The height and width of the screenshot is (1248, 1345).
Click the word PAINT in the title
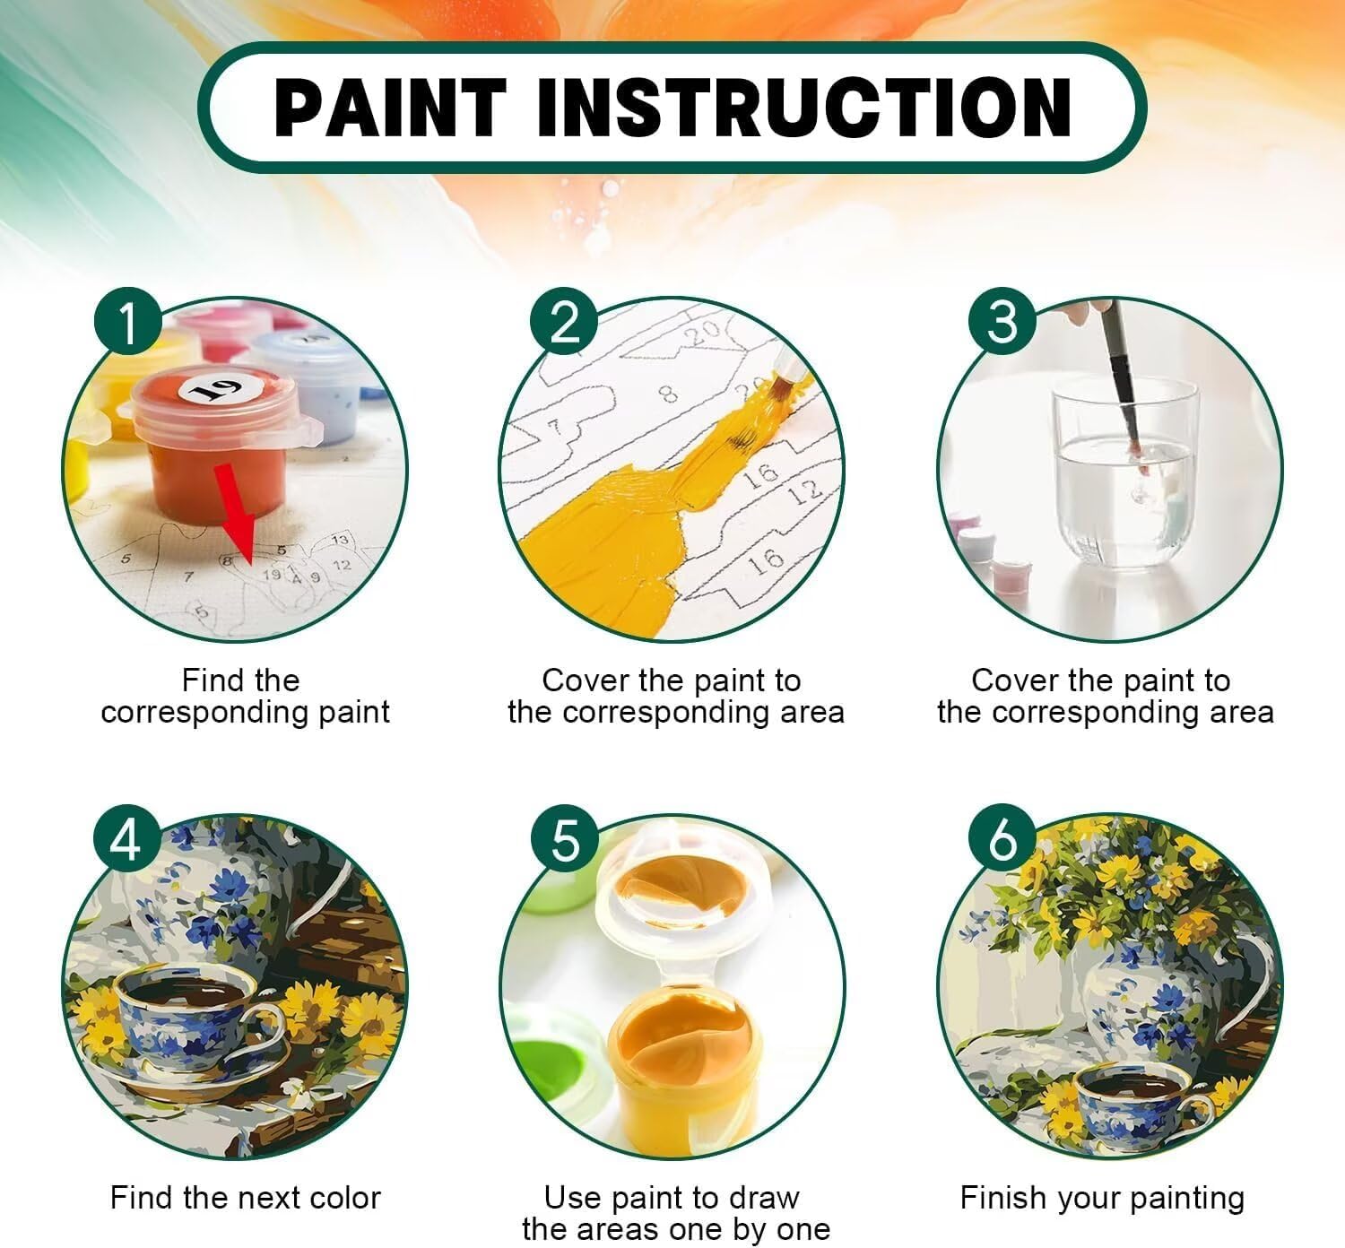(390, 108)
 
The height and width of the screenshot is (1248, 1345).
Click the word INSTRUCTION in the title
(804, 108)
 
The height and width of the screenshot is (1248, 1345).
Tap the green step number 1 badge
(127, 321)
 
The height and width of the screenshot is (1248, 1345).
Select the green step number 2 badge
(564, 321)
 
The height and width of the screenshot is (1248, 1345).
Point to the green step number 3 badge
(1002, 321)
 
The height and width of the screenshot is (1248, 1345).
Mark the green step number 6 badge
(1002, 840)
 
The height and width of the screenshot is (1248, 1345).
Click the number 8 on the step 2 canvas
(668, 393)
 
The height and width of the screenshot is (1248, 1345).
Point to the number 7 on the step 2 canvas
(555, 428)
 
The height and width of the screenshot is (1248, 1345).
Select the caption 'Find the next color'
(246, 1197)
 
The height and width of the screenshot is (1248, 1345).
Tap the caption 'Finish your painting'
(1103, 1199)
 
